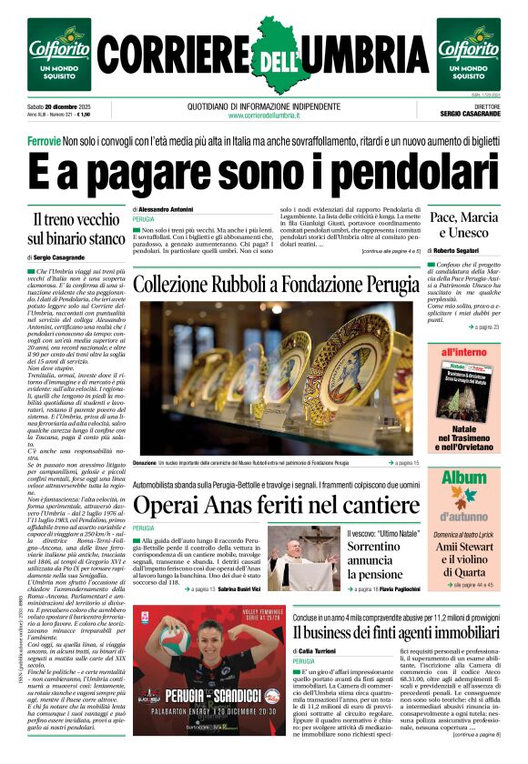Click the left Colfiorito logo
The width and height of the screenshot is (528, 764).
click(58, 54)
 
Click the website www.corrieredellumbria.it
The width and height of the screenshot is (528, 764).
click(264, 115)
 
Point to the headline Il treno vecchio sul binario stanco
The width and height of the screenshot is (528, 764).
click(77, 229)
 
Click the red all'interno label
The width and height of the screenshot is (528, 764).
click(463, 351)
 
